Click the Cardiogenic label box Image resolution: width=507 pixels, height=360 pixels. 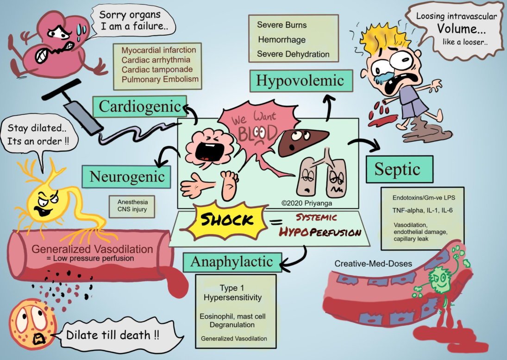coord(139,107)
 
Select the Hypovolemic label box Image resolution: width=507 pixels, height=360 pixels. coord(300,81)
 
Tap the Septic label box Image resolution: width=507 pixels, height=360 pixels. coord(399,169)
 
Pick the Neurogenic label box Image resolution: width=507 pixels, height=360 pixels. coord(127,177)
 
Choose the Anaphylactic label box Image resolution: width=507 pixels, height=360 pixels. coord(232,262)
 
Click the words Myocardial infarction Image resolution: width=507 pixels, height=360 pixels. coord(159,50)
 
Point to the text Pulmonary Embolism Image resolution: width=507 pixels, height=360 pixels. coord(160,79)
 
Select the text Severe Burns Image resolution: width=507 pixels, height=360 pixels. coord(282,25)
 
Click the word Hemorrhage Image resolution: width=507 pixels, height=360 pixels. coord(282,40)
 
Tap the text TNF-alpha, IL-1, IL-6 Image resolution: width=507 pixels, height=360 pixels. coord(420,210)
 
